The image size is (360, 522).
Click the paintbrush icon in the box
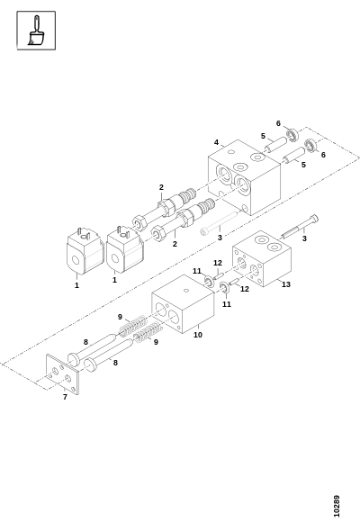pos(36,31)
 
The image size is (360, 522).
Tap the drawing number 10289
pos(337,506)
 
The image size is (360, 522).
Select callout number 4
pos(217,142)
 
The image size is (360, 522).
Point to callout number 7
pos(65,397)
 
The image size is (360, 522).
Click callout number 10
pos(198,335)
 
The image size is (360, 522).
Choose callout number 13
pos(286,284)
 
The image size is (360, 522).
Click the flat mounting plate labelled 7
pos(63,374)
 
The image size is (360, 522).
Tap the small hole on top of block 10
pos(186,291)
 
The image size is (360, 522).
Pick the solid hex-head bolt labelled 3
pos(300,227)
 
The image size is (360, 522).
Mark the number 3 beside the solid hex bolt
pos(304,238)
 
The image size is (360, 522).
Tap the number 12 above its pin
pos(218,264)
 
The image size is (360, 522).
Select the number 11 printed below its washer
pos(227,304)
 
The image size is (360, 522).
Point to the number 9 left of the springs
pos(120,317)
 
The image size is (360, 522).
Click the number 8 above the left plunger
pos(85,342)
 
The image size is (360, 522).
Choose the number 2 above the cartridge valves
pos(161,187)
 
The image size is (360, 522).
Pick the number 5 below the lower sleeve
pos(303,165)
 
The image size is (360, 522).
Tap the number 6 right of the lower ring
pos(323,155)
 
